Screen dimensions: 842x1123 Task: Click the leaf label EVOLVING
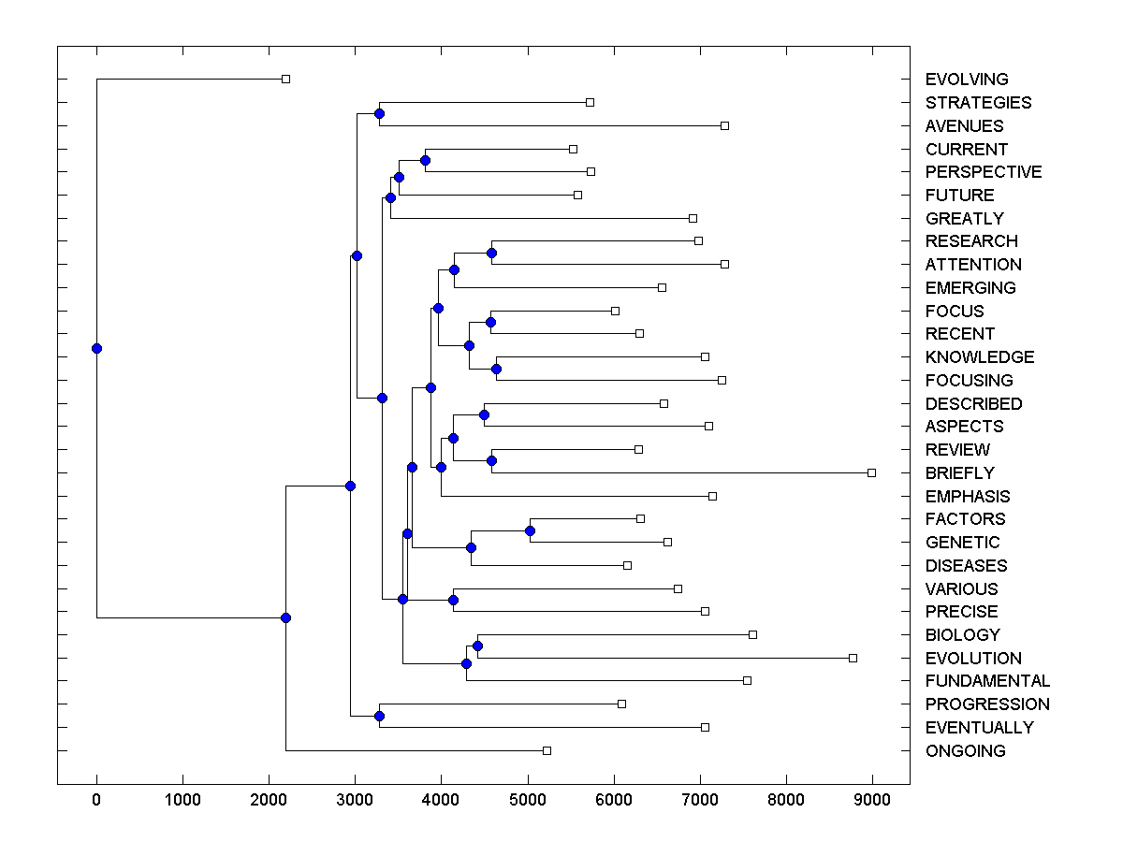(967, 80)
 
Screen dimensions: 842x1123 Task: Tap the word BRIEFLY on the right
(959, 473)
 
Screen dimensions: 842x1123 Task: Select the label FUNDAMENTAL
(987, 681)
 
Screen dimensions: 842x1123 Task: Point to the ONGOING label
(965, 751)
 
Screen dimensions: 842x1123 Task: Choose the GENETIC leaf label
(962, 543)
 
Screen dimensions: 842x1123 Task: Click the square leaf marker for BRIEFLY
(871, 473)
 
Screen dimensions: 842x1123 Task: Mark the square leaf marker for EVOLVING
(286, 80)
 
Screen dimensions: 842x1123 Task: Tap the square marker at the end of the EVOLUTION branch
(853, 658)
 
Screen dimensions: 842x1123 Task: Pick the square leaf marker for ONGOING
(547, 750)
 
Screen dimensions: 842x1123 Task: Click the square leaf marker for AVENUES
(724, 125)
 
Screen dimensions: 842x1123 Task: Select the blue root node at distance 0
(96, 348)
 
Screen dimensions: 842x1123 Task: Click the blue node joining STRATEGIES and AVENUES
(379, 114)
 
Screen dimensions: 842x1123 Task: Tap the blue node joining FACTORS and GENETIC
(530, 530)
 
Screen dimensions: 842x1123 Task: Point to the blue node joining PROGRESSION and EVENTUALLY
(379, 716)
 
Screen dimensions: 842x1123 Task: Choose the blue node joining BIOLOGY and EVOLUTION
(477, 646)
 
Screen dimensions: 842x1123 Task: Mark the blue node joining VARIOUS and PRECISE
(453, 600)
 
